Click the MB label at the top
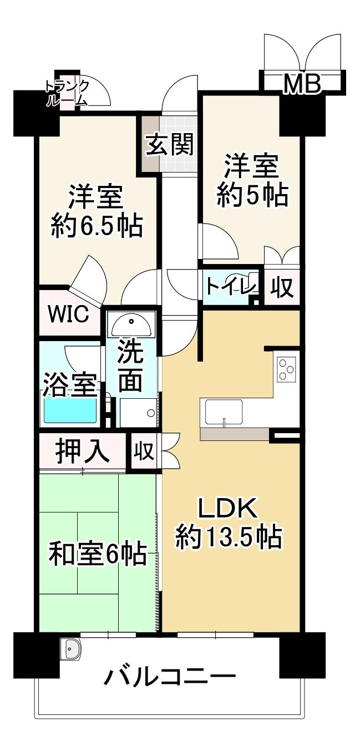(x=302, y=84)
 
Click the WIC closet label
(x=69, y=314)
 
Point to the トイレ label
(x=231, y=287)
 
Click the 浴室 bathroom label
(x=70, y=385)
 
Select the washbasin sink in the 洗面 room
(x=131, y=325)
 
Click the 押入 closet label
(x=82, y=451)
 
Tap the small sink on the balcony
(x=71, y=648)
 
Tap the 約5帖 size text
(x=252, y=195)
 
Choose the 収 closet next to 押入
(x=144, y=451)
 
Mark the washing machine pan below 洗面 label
(x=138, y=412)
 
